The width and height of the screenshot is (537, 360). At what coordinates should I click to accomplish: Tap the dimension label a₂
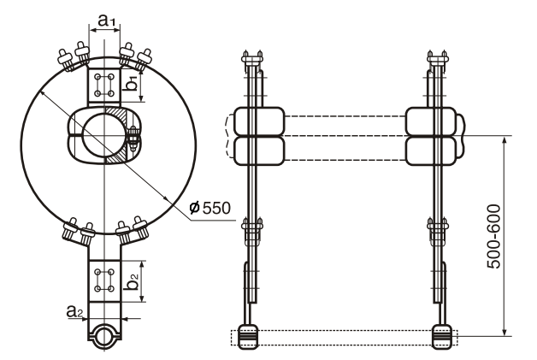pyautogui.click(x=74, y=314)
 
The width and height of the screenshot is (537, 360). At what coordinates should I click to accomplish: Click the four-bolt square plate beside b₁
pyautogui.click(x=105, y=86)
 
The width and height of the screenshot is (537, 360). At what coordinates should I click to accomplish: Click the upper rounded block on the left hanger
pyautogui.click(x=254, y=121)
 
